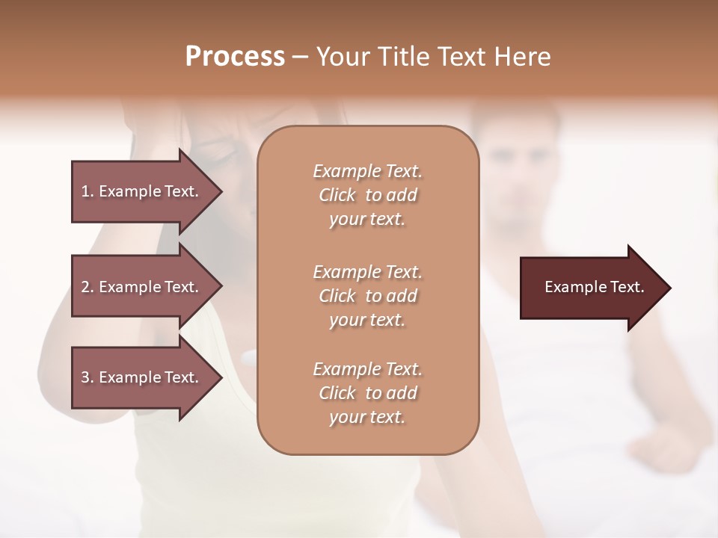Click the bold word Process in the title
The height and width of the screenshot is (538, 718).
click(235, 57)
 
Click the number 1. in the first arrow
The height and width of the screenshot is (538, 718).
click(88, 191)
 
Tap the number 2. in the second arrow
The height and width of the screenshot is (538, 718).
click(88, 287)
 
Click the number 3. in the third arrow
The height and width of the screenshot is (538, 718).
click(88, 377)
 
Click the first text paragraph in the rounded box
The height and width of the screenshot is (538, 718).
click(367, 195)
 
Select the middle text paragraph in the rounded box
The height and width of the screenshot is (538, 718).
click(367, 295)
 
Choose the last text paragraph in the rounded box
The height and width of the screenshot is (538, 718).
click(367, 393)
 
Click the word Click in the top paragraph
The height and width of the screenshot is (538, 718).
click(337, 195)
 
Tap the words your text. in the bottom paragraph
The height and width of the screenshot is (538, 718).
click(367, 417)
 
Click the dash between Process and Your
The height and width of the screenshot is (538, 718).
click(301, 58)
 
